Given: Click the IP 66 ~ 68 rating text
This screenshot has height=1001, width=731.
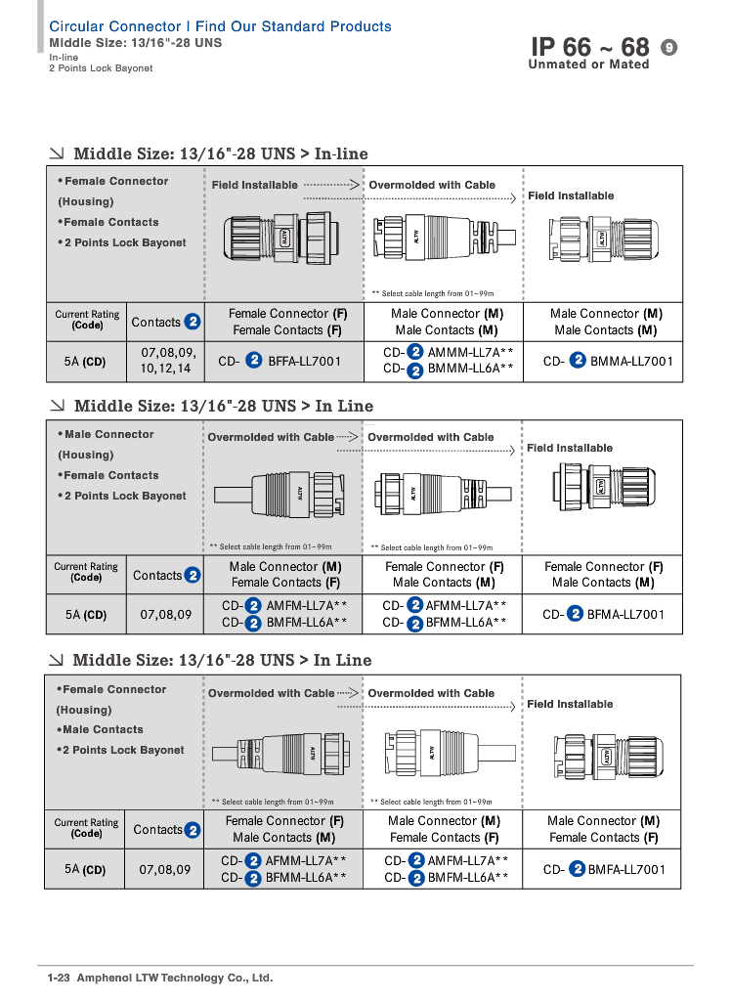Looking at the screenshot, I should pyautogui.click(x=589, y=47).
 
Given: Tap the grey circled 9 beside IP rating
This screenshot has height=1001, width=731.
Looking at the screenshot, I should pyautogui.click(x=669, y=47).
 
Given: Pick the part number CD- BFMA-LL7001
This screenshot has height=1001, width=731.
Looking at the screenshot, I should pyautogui.click(x=603, y=614).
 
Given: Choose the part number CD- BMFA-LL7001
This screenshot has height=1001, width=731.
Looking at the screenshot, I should pyautogui.click(x=604, y=869).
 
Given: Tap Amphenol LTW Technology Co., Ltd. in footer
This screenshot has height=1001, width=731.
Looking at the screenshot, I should pyautogui.click(x=175, y=978).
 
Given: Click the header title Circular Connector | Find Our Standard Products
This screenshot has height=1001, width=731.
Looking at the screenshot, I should pyautogui.click(x=220, y=26).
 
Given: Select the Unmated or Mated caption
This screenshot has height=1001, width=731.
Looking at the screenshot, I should pyautogui.click(x=588, y=65).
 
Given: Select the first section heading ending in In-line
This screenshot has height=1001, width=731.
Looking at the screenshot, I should pyautogui.click(x=220, y=153).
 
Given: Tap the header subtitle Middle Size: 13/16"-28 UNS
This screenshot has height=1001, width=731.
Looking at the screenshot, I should pyautogui.click(x=135, y=43).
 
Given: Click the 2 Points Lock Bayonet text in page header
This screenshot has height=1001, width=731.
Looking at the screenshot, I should pyautogui.click(x=101, y=68).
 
